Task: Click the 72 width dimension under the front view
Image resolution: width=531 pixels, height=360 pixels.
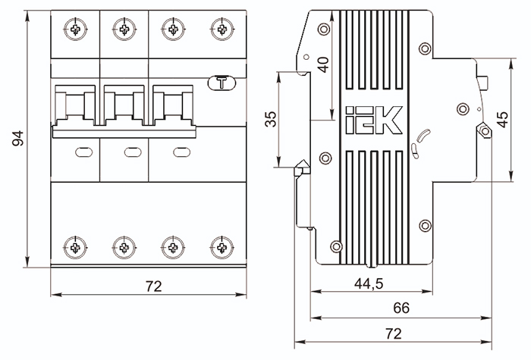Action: coord(154,286)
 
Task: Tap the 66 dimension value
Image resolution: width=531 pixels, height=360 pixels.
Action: coord(400,308)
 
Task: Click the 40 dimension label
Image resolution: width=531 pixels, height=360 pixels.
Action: coord(324,64)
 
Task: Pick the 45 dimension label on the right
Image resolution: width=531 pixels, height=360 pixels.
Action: coord(502,120)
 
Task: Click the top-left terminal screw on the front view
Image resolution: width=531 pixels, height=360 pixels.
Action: coord(76,30)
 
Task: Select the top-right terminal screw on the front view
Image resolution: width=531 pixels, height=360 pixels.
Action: coord(222,30)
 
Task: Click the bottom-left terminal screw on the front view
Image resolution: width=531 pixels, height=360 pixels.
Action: coord(76,246)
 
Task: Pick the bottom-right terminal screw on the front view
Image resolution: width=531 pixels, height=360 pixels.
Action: coord(222,246)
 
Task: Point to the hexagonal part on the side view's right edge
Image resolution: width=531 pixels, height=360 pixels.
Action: coord(484,133)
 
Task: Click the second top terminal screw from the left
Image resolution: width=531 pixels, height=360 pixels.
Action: coord(124,30)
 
